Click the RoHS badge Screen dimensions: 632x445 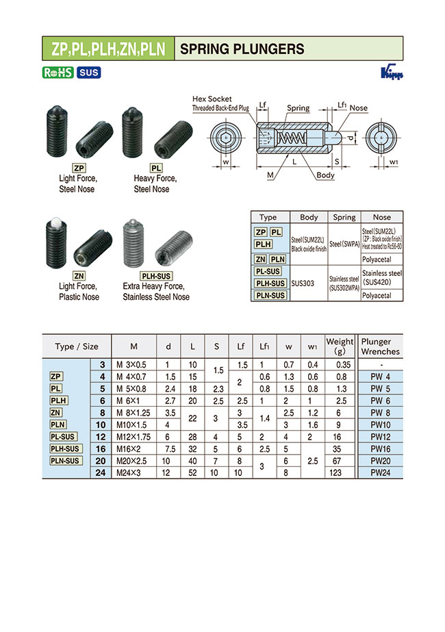coord(58,73)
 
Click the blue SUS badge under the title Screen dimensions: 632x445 coord(89,73)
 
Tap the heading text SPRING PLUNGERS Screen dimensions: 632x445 coord(242,49)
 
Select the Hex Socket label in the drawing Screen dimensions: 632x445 coord(212,99)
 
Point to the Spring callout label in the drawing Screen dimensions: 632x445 coord(298,108)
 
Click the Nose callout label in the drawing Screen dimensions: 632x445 coord(359,108)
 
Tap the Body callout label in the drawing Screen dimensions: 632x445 coord(326,175)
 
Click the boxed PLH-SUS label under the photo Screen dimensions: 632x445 coord(155,275)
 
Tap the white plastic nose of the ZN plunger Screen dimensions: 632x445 coord(53,223)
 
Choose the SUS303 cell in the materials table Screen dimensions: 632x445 coord(305,282)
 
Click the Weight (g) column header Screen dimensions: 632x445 coord(340,346)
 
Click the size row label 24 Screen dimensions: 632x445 coord(102,472)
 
